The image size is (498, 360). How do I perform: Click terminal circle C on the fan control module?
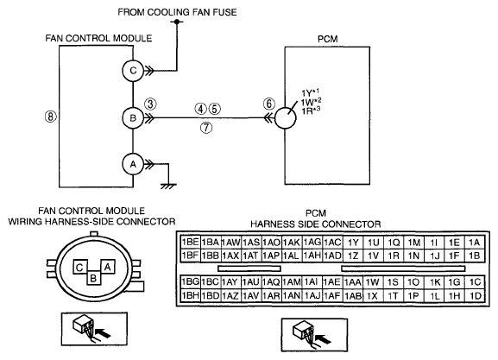[x=133, y=71]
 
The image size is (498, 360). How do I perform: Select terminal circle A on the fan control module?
[x=133, y=164]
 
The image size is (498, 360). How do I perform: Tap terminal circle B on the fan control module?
[x=133, y=118]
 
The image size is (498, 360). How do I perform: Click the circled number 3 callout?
[x=150, y=104]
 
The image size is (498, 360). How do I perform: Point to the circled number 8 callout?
[x=51, y=117]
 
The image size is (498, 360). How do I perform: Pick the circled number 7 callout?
[x=206, y=128]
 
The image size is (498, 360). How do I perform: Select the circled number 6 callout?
[x=269, y=104]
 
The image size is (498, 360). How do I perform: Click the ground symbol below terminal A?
[x=168, y=186]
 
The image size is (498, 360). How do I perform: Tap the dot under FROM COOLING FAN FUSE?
[x=177, y=22]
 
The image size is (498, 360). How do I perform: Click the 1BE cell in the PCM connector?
[x=190, y=242]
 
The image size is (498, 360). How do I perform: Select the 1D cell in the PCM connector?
[x=476, y=296]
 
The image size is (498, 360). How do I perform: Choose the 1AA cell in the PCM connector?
[x=353, y=282]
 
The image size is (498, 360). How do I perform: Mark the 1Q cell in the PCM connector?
[x=394, y=243]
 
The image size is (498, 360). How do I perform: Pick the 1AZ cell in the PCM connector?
[x=230, y=296]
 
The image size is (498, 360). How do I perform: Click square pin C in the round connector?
[x=79, y=268]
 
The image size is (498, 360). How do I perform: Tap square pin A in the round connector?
[x=108, y=267]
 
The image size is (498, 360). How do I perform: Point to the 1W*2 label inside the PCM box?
[x=312, y=103]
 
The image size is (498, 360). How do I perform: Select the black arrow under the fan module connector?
[x=104, y=333]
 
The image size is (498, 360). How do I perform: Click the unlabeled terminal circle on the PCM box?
[x=285, y=118]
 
